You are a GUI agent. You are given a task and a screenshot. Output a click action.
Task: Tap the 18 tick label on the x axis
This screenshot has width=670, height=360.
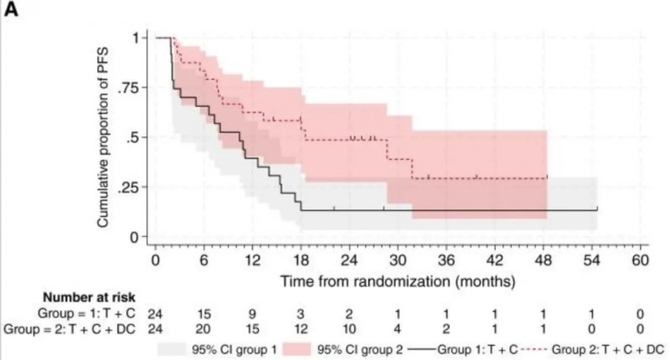(x=301, y=260)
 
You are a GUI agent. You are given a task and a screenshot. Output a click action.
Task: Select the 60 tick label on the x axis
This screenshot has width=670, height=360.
(x=641, y=260)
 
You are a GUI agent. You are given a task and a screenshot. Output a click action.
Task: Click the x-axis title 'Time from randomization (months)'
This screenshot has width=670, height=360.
(x=397, y=277)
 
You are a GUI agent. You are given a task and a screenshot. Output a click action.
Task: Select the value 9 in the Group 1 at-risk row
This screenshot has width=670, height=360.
(x=252, y=312)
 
